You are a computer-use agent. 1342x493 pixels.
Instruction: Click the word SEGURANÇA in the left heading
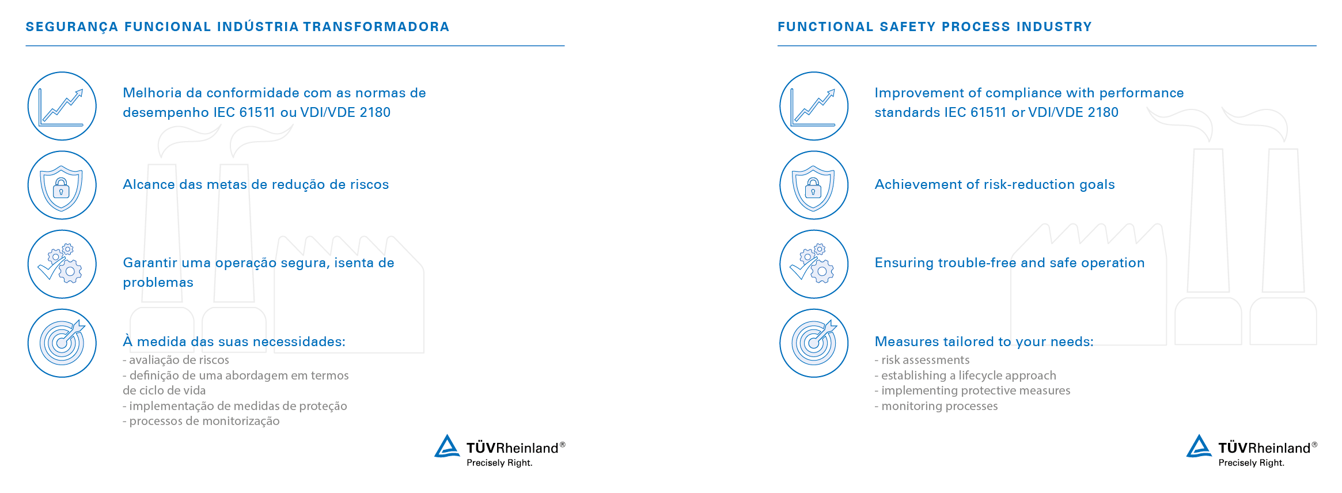72,27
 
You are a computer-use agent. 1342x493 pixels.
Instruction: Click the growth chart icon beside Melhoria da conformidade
62,106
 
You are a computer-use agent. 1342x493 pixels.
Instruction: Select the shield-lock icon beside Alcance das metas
62,185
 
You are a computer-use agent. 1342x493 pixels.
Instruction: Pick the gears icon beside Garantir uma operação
62,264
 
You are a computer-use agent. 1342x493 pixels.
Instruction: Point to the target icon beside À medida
62,343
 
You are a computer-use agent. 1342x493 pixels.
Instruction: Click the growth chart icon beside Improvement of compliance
814,106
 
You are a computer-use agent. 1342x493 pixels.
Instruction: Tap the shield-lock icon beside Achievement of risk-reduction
814,185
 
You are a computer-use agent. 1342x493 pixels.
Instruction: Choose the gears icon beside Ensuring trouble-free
814,264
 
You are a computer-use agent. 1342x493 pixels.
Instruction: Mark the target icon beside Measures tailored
814,343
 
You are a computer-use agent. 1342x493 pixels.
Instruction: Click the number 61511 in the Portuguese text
257,112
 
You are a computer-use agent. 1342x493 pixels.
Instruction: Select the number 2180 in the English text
1102,112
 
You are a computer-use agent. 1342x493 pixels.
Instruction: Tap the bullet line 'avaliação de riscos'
176,360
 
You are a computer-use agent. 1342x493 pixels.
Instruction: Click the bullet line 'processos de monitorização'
201,421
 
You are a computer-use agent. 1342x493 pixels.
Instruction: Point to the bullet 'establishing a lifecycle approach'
965,376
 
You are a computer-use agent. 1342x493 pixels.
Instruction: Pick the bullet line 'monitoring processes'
936,406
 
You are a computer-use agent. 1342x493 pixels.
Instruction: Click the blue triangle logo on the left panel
447,446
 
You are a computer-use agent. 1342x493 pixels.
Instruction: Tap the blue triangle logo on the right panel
1199,446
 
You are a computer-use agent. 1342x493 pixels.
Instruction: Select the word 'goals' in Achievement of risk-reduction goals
1097,185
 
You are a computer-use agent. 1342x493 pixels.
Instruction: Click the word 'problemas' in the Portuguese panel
158,283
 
